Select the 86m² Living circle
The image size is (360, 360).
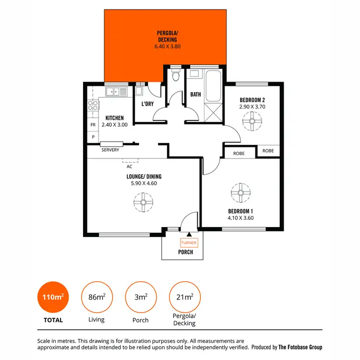97,298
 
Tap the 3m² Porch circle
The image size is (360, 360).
141,298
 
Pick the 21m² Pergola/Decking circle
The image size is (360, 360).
184,298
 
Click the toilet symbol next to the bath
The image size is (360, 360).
176,75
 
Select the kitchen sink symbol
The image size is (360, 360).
116,91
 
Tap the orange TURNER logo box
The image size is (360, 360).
189,243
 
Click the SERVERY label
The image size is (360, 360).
110,150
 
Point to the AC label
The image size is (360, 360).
129,167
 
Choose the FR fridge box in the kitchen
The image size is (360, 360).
93,125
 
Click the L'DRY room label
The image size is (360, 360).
147,103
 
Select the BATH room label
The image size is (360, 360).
195,95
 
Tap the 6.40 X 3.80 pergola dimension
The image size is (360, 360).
167,47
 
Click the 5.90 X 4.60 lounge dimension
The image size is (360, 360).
144,183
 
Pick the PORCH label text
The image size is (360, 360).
185,252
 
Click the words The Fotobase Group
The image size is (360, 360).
301,347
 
